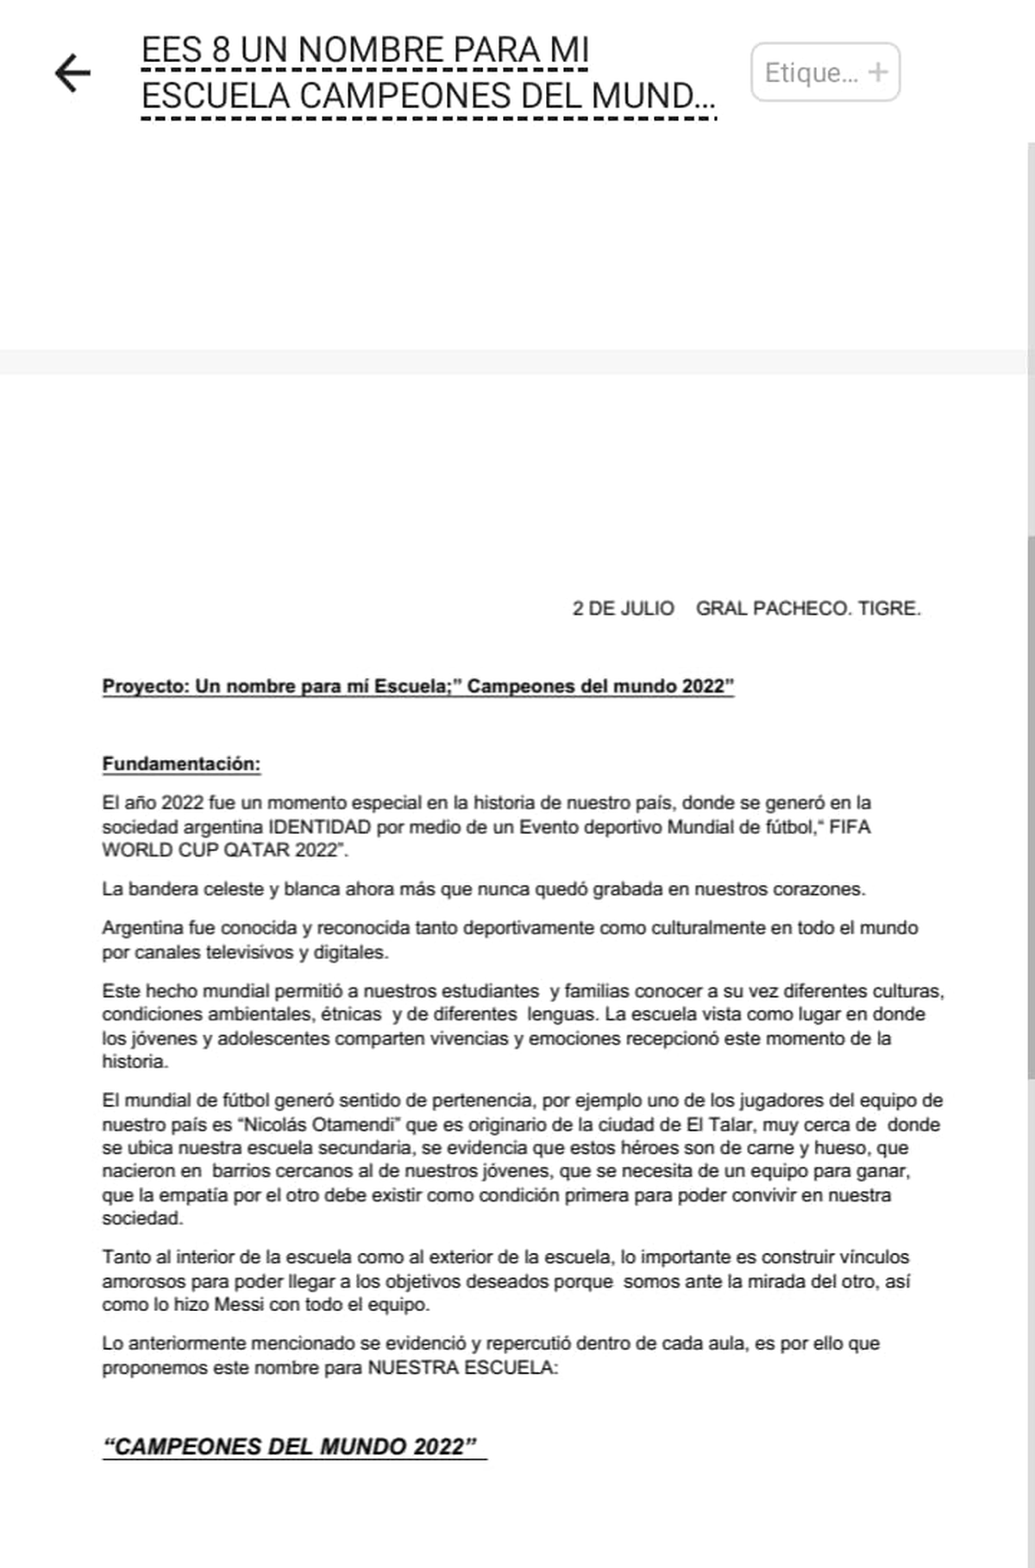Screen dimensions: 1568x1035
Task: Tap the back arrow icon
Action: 72,72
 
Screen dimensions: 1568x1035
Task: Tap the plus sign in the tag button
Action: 877,72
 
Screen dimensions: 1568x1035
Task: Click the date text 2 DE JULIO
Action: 623,609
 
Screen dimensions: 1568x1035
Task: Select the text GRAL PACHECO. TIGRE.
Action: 808,609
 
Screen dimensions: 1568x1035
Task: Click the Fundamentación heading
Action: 181,764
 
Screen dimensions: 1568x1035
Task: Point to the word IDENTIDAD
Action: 319,827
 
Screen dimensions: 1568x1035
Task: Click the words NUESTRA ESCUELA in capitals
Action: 462,1368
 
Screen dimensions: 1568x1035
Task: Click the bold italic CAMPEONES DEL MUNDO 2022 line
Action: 290,1446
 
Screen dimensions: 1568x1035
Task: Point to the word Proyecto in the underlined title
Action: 143,687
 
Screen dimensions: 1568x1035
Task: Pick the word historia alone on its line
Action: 134,1062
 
